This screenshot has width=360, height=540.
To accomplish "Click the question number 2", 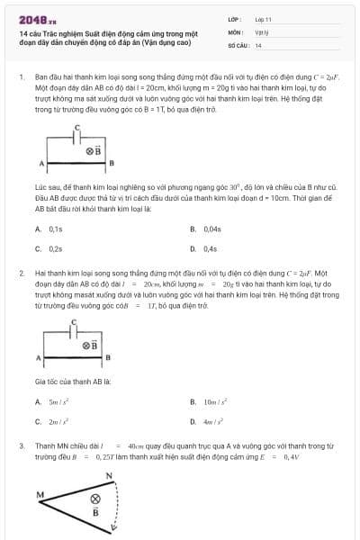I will click(20, 271).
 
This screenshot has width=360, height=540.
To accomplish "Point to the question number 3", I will click(20, 445).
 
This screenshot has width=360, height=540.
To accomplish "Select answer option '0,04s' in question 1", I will click(212, 229).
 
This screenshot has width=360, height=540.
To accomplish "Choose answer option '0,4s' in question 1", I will click(211, 248).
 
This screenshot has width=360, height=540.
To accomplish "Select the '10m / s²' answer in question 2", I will click(215, 401).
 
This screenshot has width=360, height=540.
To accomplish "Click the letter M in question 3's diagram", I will click(40, 494).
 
